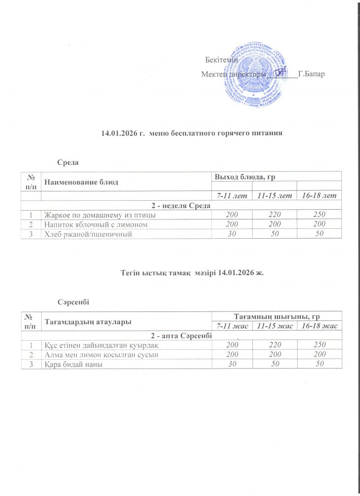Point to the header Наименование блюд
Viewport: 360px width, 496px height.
pos(81,182)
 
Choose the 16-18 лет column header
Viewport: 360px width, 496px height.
pos(319,196)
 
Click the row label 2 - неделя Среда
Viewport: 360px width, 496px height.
pos(181,205)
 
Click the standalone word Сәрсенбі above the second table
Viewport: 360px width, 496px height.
pos(73,300)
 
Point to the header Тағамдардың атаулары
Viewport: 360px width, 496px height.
pos(89,321)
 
